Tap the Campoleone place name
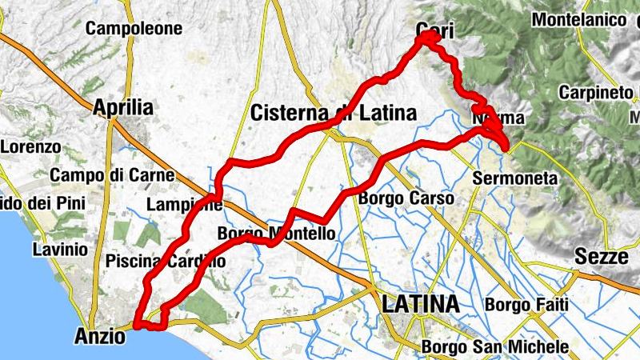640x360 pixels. point(134,29)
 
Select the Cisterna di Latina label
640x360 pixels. point(334,114)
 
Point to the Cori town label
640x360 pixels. point(435,31)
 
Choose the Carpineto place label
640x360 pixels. point(596,92)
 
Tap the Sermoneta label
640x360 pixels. point(514,178)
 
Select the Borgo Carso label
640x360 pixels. point(406,198)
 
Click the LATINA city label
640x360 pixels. point(421,304)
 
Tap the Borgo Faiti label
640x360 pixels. point(526,305)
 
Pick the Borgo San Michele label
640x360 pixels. point(494,347)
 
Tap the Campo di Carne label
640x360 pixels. point(100,174)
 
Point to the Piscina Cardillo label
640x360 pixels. point(165,261)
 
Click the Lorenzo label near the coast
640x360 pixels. point(30,147)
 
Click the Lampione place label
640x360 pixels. point(185,205)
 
